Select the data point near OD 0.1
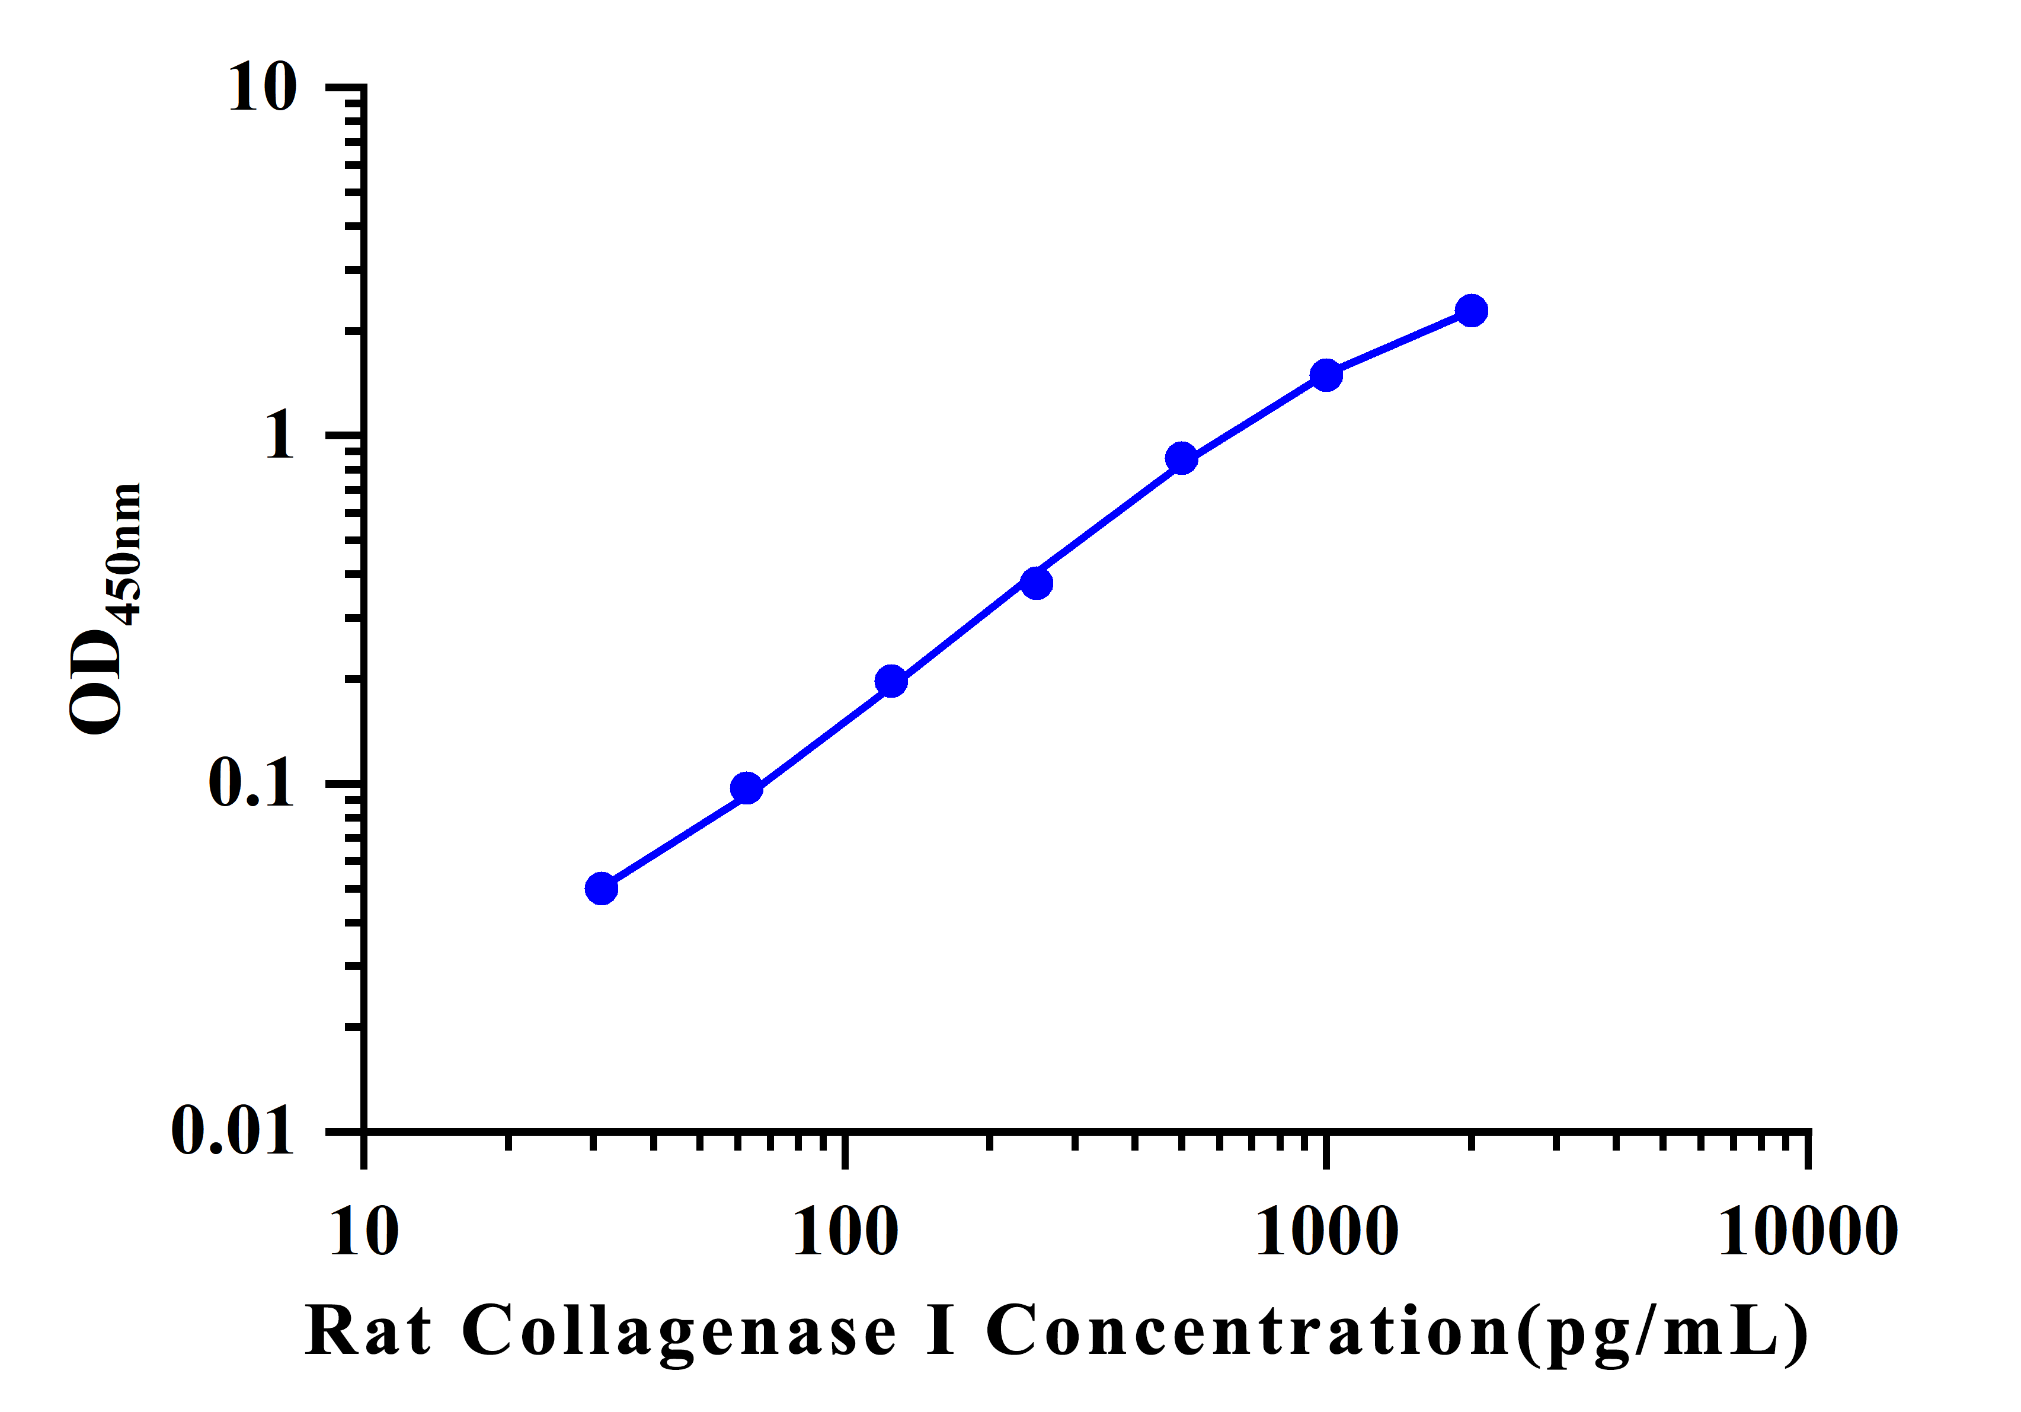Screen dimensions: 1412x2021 click(746, 788)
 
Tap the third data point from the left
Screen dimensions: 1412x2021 click(891, 681)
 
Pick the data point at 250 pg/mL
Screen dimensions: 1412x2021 click(1037, 582)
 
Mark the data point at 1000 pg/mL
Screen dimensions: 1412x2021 click(1326, 375)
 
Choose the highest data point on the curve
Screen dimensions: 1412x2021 click(1471, 310)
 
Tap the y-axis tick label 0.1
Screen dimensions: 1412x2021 click(250, 782)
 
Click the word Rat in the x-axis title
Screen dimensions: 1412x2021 click(369, 1331)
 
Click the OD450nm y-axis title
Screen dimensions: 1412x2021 click(104, 608)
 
